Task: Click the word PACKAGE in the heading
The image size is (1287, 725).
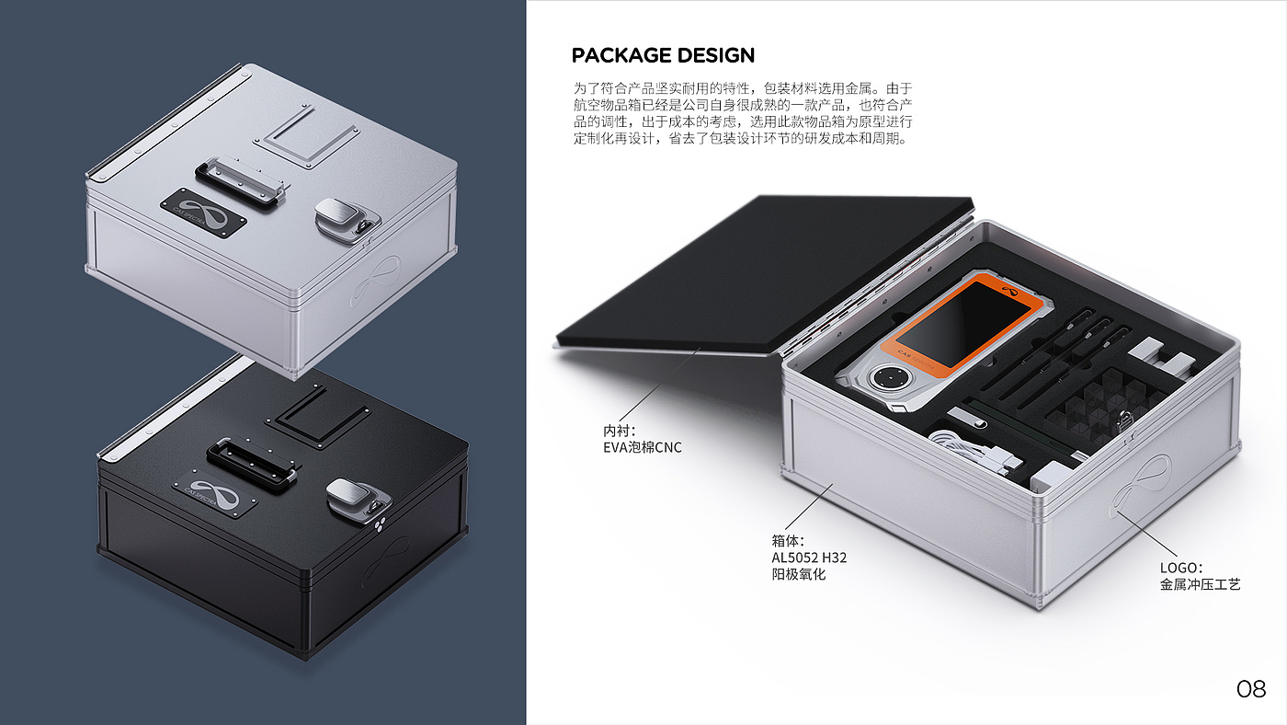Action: [621, 55]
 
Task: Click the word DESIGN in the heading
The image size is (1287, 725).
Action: [715, 55]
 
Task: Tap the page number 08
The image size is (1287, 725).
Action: [1251, 689]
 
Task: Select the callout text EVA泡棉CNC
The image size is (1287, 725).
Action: [643, 448]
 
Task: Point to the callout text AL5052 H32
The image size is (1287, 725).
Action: [809, 558]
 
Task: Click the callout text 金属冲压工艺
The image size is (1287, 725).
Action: [1200, 584]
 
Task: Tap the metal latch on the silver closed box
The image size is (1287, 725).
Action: [341, 218]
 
